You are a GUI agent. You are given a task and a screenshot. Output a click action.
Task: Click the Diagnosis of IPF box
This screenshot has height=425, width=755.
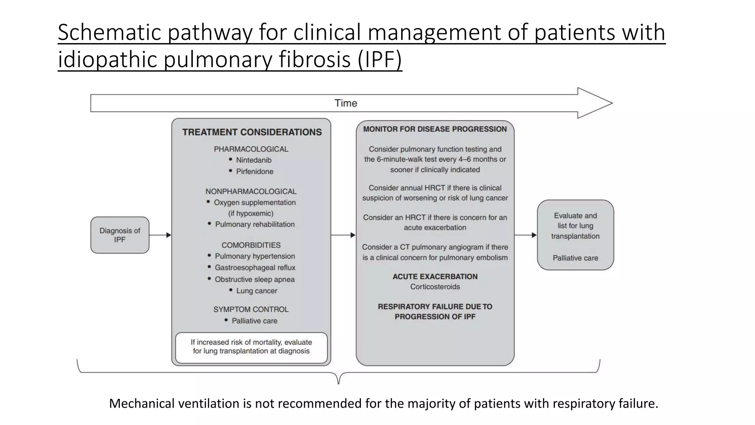[120, 235]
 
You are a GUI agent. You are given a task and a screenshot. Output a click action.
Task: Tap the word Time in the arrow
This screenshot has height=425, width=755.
[345, 103]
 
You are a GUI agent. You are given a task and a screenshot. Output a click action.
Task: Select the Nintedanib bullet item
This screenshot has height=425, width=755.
[253, 160]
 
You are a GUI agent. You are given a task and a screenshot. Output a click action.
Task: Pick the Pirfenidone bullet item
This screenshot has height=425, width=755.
[254, 172]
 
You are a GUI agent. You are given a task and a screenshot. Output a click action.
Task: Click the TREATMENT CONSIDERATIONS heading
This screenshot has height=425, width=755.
[252, 132]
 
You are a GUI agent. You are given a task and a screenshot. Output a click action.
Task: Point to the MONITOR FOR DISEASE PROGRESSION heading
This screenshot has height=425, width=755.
[435, 129]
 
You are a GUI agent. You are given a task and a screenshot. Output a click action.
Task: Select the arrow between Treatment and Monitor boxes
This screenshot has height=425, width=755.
[343, 235]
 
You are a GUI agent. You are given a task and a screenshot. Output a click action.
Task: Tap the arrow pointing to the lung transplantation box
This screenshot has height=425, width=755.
[525, 235]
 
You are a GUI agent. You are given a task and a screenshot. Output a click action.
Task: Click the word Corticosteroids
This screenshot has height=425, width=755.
[435, 287]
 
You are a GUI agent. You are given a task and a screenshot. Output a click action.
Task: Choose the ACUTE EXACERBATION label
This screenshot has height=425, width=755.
[435, 277]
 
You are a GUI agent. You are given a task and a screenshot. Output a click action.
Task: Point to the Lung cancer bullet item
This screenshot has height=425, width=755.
[256, 291]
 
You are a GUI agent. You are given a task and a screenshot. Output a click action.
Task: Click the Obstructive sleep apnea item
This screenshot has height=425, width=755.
[254, 279]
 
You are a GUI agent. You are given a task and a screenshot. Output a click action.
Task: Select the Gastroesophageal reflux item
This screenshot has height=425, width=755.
[255, 267]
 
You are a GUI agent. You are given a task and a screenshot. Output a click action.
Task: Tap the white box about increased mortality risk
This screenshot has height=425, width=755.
[251, 347]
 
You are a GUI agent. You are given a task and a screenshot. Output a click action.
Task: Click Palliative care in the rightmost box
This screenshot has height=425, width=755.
[575, 258]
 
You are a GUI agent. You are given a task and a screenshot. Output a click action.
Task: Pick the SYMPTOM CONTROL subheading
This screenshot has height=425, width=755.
[251, 309]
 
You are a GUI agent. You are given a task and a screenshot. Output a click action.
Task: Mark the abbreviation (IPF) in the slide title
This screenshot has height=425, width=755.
[379, 59]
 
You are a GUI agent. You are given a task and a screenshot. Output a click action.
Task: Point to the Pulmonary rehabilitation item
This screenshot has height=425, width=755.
[254, 224]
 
